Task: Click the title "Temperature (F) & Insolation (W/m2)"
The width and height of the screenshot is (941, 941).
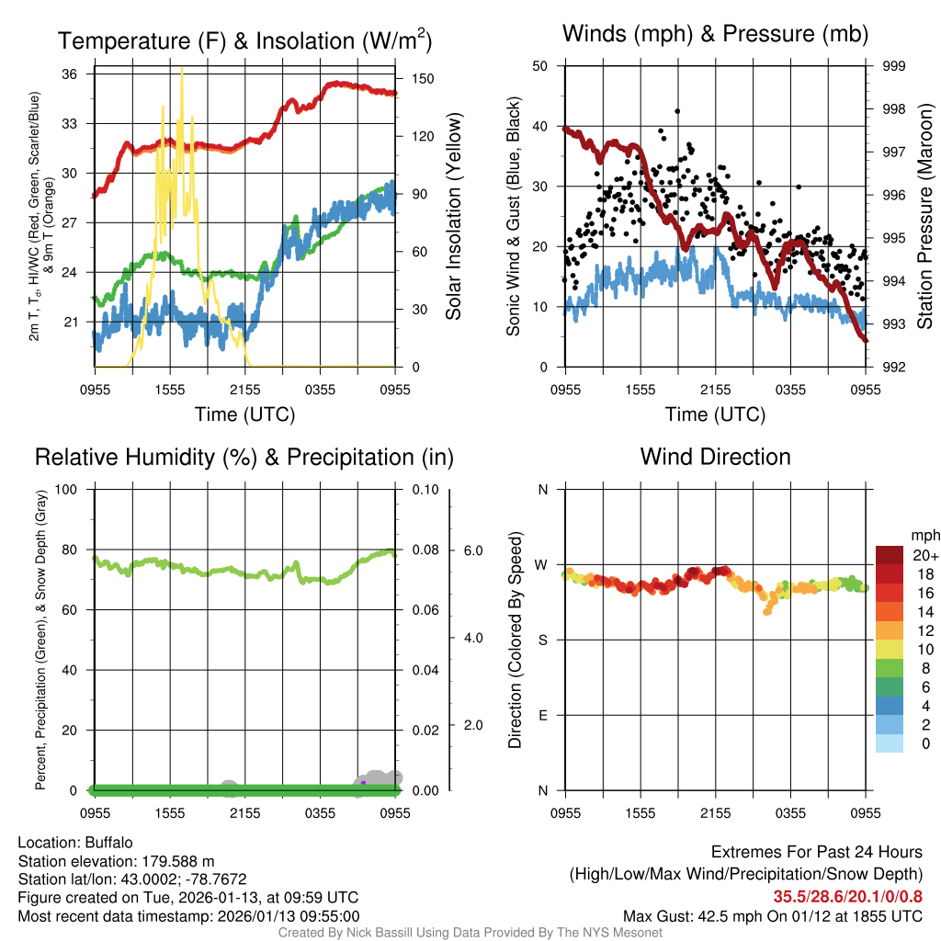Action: point(244,40)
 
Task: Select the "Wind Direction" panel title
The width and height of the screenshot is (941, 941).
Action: point(715,457)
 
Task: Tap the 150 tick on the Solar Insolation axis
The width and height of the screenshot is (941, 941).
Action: point(423,79)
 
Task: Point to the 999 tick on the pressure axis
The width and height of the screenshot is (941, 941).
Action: point(895,66)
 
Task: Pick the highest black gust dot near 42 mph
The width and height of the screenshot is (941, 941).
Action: point(677,111)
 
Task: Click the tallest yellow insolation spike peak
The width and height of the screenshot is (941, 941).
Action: point(182,70)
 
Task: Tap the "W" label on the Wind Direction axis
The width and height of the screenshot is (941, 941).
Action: point(542,564)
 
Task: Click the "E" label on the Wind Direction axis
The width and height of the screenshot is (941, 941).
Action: point(542,715)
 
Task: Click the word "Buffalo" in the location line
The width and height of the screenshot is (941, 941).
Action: point(109,842)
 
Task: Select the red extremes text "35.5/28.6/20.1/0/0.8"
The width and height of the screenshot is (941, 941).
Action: point(847,897)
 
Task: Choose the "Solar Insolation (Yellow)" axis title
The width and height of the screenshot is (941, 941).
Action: point(453,216)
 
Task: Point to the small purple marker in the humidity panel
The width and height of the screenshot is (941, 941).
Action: point(363,783)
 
